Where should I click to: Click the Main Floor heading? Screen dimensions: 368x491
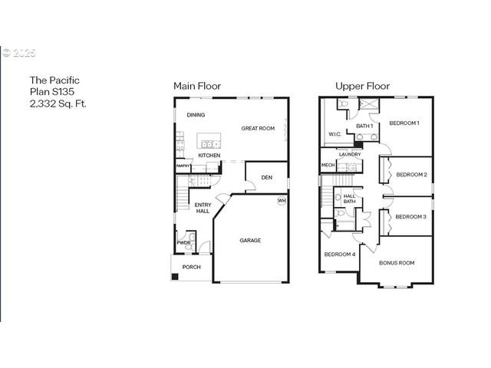click(197, 86)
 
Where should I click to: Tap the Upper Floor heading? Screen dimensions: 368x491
click(362, 86)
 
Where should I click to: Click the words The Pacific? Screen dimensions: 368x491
click(54, 79)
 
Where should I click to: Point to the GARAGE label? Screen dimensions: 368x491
click(250, 240)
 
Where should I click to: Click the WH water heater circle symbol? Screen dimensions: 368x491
click(282, 201)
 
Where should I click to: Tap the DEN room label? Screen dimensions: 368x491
click(266, 177)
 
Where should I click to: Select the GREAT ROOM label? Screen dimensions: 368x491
click(258, 128)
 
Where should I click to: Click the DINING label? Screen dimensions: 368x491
click(196, 116)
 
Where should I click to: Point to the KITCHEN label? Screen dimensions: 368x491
click(209, 156)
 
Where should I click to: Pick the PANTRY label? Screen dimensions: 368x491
click(183, 166)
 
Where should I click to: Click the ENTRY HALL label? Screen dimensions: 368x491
click(203, 208)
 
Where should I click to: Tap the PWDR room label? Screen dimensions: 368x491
click(183, 242)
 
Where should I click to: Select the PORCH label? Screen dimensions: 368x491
click(191, 267)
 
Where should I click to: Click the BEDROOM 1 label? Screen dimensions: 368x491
click(404, 123)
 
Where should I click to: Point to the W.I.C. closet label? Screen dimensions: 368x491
click(334, 134)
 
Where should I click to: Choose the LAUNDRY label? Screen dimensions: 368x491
click(350, 154)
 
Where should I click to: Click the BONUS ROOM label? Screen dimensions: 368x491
click(397, 263)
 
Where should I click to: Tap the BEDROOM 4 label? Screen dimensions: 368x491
click(339, 254)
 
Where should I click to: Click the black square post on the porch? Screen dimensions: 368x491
click(175, 276)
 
